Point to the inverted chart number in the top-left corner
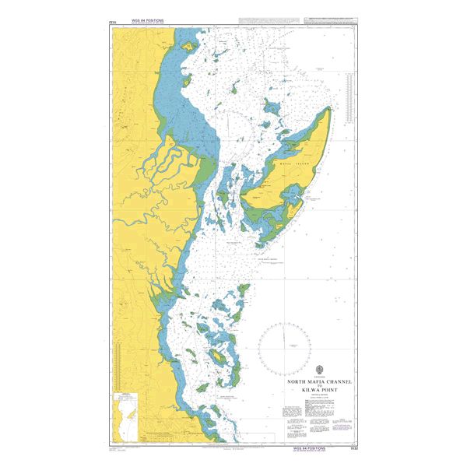pos(114,22)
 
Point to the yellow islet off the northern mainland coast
pos(189,46)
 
